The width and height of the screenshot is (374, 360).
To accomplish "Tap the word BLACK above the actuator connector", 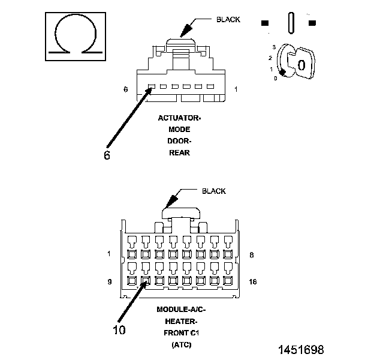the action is coord(228,20).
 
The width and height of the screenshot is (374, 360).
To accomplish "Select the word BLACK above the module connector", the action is coord(214,191).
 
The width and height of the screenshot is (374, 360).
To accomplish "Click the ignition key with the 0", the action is coord(301,63).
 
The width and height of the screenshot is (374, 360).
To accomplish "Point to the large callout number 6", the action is coord(107,155).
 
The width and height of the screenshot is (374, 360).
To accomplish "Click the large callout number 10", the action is coord(119,330).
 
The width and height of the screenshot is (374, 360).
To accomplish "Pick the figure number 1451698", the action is coord(301,350).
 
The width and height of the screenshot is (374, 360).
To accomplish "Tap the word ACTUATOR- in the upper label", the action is coord(179,118).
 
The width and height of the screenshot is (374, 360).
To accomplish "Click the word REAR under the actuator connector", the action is coord(179,153).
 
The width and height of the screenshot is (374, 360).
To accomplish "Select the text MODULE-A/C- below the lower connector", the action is coord(181,310).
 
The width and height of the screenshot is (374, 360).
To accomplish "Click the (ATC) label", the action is coord(182,345).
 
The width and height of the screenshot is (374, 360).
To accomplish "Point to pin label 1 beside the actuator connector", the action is coord(236,89).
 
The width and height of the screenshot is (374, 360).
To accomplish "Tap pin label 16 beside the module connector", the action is coord(253,282).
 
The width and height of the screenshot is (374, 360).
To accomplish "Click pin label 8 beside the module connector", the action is coord(252,255).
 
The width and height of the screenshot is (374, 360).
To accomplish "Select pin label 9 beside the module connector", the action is coord(110,282).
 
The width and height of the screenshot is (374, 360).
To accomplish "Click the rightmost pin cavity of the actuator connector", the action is coord(210,86).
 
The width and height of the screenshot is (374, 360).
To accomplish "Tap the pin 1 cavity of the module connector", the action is coord(132,254).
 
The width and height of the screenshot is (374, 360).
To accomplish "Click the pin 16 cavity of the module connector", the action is coord(228,281).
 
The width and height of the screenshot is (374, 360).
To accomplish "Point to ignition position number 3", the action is coord(274,47).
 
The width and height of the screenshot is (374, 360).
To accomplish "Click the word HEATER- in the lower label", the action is coord(181,322).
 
